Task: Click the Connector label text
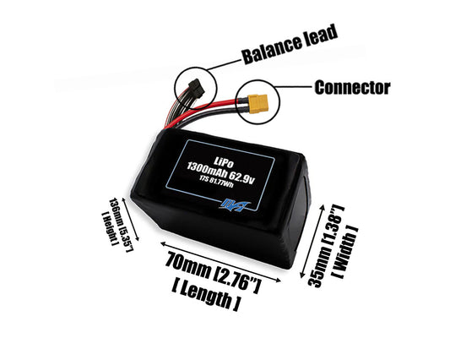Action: (351, 87)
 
